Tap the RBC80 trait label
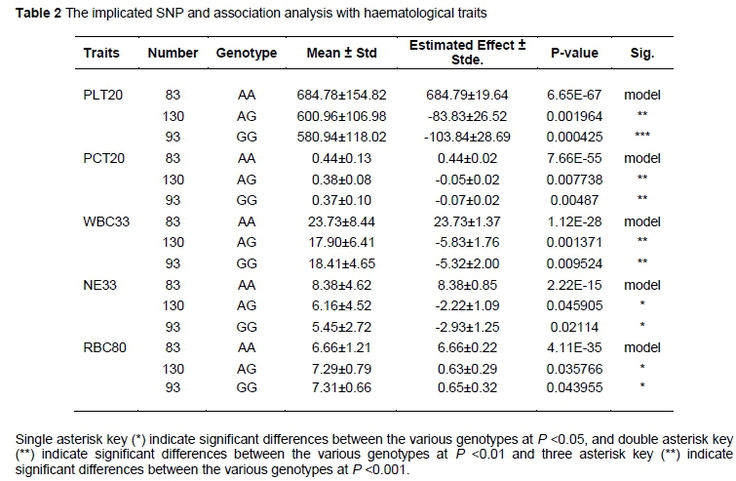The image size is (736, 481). click(102, 342)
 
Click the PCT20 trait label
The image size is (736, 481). click(100, 157)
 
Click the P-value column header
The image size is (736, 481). click(575, 53)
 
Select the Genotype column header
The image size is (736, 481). click(247, 53)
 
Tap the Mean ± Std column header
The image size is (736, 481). click(341, 53)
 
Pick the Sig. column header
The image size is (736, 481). click(643, 53)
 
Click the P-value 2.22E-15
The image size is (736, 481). click(575, 281)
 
